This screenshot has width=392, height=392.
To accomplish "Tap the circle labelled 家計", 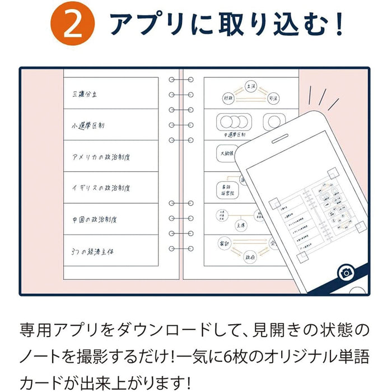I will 224,242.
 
